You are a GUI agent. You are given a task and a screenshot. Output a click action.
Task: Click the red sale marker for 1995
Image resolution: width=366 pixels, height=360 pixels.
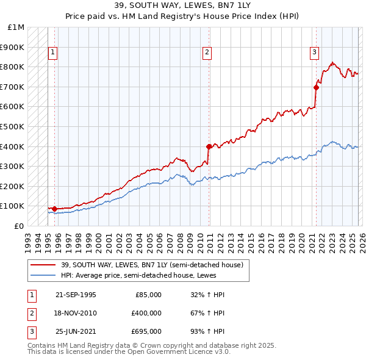(54, 209)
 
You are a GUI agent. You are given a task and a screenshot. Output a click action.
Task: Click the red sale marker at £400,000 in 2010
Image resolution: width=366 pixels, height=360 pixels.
(209, 146)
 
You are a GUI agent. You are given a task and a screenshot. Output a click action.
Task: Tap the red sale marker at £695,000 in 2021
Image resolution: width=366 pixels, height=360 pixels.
(316, 87)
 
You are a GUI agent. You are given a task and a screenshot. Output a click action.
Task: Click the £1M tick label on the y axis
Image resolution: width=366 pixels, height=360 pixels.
(16, 27)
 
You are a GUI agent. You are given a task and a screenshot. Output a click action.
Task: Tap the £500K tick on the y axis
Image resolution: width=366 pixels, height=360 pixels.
(13, 127)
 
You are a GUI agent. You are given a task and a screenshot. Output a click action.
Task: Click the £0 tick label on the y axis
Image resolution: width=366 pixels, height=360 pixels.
(19, 226)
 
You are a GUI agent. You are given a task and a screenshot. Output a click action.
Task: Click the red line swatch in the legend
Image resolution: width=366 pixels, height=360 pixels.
(43, 265)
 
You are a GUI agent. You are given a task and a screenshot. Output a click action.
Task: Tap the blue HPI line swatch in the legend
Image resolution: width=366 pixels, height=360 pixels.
(43, 275)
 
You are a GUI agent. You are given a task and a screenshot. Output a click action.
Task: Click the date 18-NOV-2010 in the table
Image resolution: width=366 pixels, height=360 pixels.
(76, 313)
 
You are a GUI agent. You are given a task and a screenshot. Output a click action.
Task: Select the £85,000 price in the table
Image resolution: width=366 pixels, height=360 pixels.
(148, 295)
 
